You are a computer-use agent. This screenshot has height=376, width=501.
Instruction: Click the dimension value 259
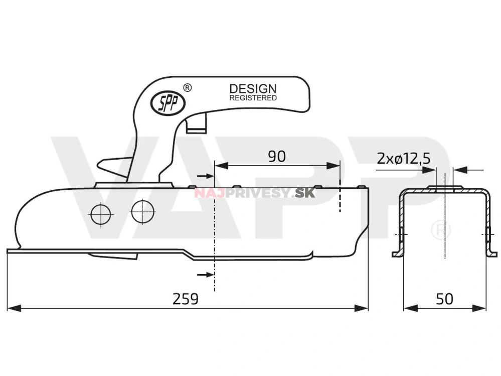coord(186,299)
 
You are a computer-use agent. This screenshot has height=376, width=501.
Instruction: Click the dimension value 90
coord(276,157)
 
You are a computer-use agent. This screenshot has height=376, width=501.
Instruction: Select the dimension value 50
coord(444,299)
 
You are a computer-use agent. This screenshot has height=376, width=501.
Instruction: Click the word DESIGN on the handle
coord(253,89)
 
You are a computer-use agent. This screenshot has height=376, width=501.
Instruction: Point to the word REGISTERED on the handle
coord(253,98)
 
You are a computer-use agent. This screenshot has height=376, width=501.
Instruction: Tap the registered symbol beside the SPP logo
coord(188,88)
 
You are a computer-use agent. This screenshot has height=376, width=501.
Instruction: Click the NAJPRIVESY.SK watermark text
coord(255,193)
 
